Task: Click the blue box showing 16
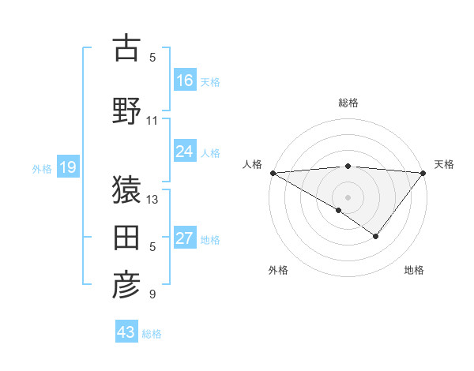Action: coord(184,80)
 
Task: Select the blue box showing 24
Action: coord(184,152)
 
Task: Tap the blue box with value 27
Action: coord(184,238)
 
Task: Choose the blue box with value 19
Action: coord(67,167)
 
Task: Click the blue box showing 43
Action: coord(126,332)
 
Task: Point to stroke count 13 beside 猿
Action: coord(152,200)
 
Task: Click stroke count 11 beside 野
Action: coord(152,121)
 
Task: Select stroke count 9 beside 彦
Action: coord(152,295)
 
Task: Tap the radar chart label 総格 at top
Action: coord(348,103)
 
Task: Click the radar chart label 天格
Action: coord(444,164)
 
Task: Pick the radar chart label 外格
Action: coord(278,271)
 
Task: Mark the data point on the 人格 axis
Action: coord(273,173)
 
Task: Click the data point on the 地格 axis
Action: coord(376,236)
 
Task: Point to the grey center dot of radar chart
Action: coord(348,197)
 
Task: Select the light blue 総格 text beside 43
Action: coord(152,334)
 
